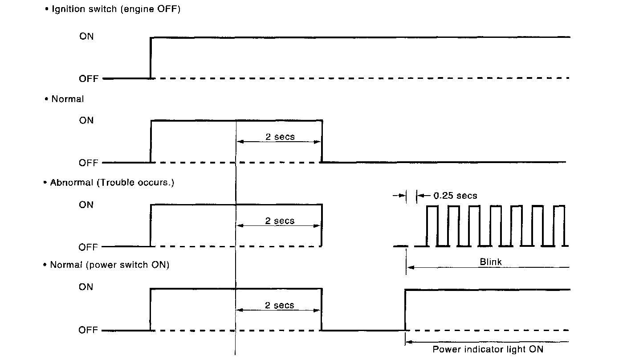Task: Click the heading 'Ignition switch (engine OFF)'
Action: (x=116, y=9)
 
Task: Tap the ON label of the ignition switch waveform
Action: (x=86, y=37)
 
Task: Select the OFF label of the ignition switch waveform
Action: (x=88, y=79)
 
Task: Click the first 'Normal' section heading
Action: (x=67, y=99)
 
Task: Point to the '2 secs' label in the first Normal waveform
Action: (x=280, y=137)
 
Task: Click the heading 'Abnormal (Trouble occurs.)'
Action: (x=112, y=183)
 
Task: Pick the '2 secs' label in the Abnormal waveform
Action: (x=280, y=221)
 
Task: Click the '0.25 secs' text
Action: (x=455, y=196)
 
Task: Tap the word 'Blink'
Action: (x=490, y=262)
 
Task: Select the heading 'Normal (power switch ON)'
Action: (x=109, y=265)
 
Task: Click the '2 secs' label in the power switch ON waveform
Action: (x=280, y=305)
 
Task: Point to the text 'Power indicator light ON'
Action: (x=488, y=349)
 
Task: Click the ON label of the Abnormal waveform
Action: (x=86, y=205)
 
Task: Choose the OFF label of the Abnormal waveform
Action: (x=88, y=247)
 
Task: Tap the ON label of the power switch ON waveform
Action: (x=86, y=287)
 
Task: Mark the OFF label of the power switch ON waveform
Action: (x=88, y=330)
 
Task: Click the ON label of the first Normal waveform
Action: (x=86, y=120)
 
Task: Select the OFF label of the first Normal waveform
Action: (x=88, y=163)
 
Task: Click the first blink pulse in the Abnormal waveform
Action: (x=432, y=225)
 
